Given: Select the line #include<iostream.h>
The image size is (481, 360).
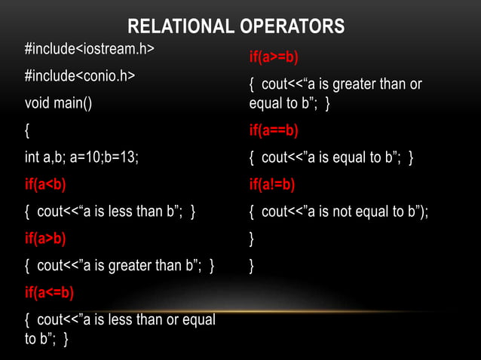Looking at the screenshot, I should click(89, 50).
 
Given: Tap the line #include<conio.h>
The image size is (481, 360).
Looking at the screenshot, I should click(80, 76).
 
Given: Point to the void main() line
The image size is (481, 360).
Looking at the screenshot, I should click(59, 103).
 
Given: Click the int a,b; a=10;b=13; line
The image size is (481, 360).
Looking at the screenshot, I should click(82, 157).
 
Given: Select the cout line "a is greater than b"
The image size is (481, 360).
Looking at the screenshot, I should click(120, 265).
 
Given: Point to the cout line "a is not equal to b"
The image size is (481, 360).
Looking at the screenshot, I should click(339, 212).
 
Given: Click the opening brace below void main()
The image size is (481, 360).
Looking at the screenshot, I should click(28, 130).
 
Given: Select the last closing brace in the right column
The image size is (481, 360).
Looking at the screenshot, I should click(252, 266).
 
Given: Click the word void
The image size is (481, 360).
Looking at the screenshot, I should click(38, 103).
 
